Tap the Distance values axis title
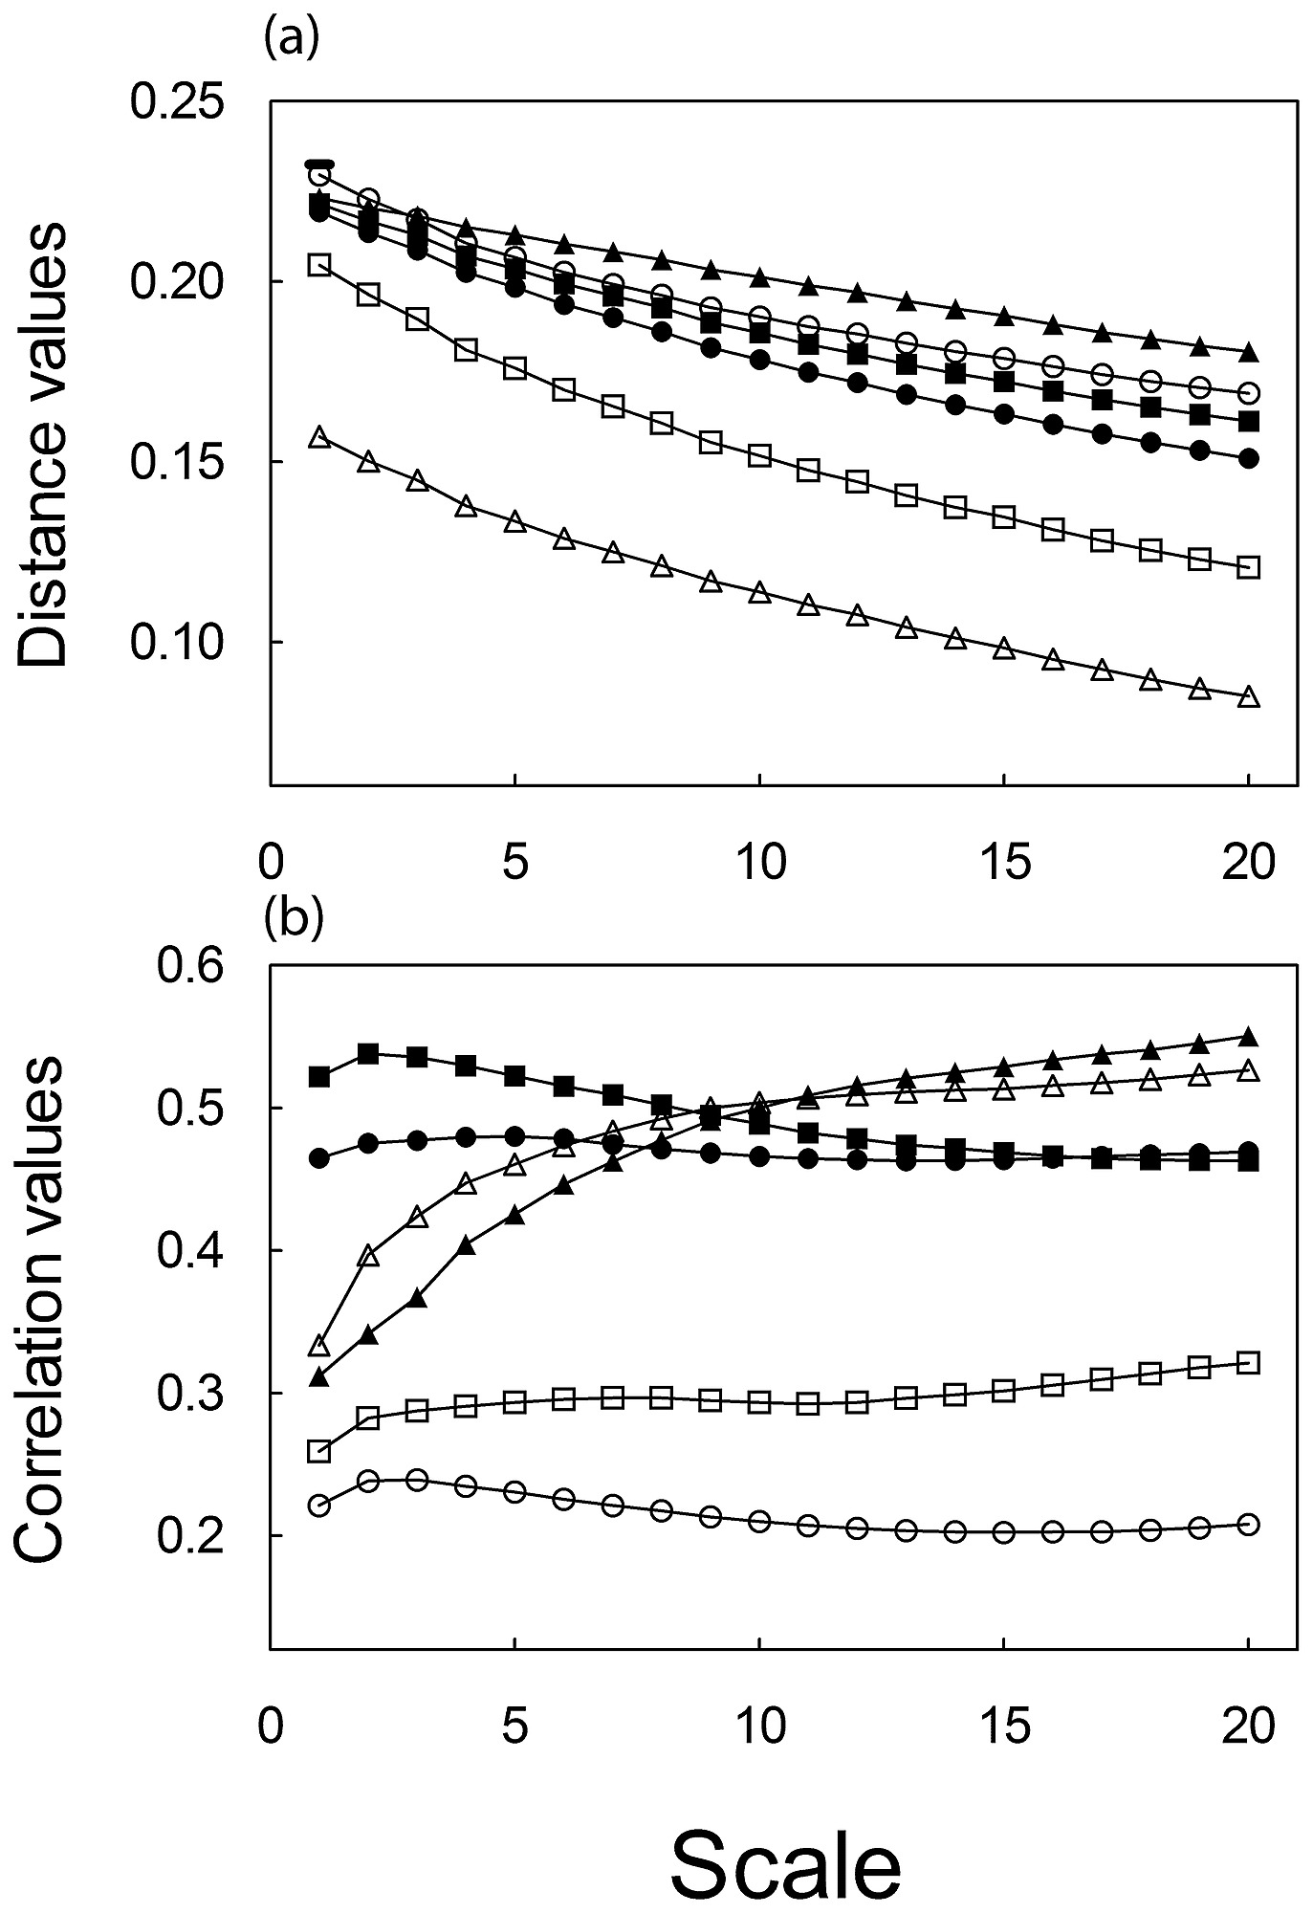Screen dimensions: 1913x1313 pyautogui.click(x=44, y=444)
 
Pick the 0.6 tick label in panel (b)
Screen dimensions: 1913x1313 pyautogui.click(x=189, y=966)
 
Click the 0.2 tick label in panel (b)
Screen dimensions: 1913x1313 pyautogui.click(x=189, y=1535)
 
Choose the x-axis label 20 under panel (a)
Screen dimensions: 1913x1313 pyautogui.click(x=1249, y=864)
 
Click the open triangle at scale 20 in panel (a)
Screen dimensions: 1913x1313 pyautogui.click(x=1248, y=697)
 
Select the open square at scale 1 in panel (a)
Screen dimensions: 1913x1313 pyautogui.click(x=319, y=265)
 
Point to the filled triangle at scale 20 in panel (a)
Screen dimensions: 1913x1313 pyautogui.click(x=1248, y=352)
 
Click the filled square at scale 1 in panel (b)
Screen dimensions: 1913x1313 pyautogui.click(x=319, y=1077)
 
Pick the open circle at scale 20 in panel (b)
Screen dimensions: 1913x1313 pyautogui.click(x=1248, y=1525)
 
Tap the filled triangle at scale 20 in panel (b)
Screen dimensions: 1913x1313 pyautogui.click(x=1248, y=1037)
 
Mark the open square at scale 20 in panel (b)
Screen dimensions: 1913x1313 pyautogui.click(x=1248, y=1362)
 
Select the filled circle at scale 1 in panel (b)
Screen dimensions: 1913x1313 pyautogui.click(x=319, y=1159)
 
